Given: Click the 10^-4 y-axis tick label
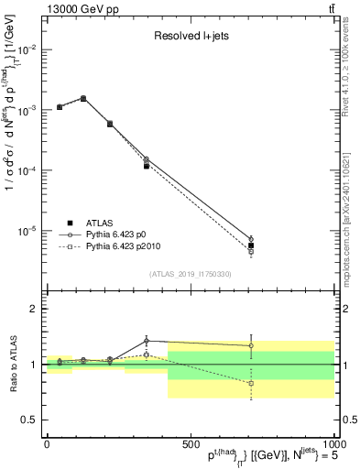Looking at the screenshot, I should [x=27, y=170].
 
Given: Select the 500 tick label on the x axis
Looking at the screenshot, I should [x=190, y=443].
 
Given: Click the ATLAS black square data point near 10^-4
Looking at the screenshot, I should [x=147, y=166].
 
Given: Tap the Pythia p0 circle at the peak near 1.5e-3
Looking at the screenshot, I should [x=83, y=98].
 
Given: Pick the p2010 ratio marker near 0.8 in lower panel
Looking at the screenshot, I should [x=251, y=384].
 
